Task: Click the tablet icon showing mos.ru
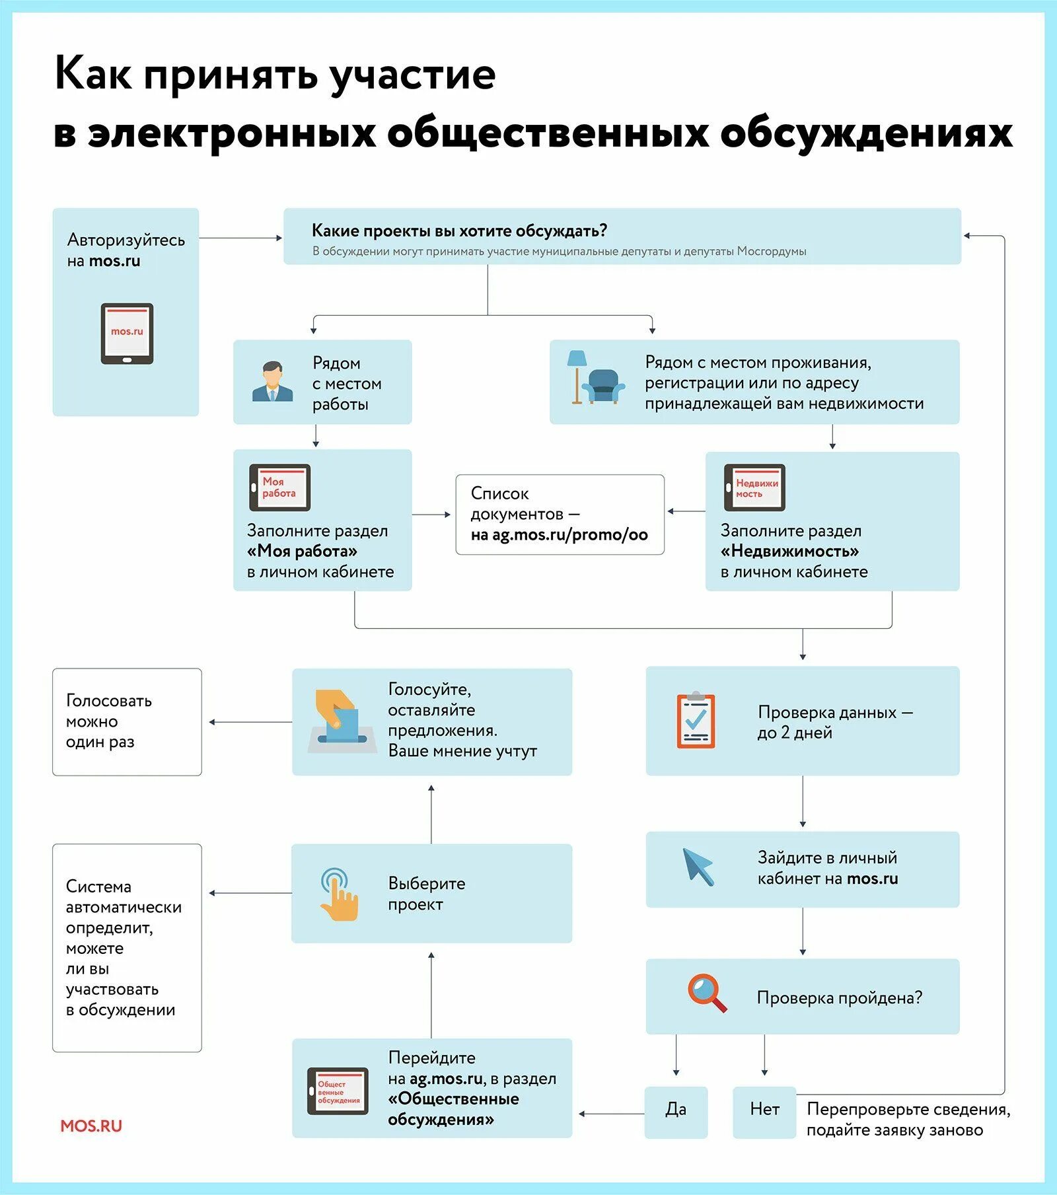click(x=127, y=334)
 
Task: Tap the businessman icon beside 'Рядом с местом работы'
click(x=272, y=382)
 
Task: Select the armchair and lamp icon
click(x=595, y=378)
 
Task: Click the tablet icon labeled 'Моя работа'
click(x=279, y=488)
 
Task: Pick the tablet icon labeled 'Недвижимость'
click(x=754, y=488)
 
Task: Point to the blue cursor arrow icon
click(x=698, y=867)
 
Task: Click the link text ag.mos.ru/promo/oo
click(x=569, y=535)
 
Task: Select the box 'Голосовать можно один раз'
click(x=127, y=721)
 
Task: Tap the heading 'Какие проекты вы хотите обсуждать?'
click(x=459, y=231)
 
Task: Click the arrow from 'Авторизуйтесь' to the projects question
click(x=240, y=238)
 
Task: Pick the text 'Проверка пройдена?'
click(x=839, y=997)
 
